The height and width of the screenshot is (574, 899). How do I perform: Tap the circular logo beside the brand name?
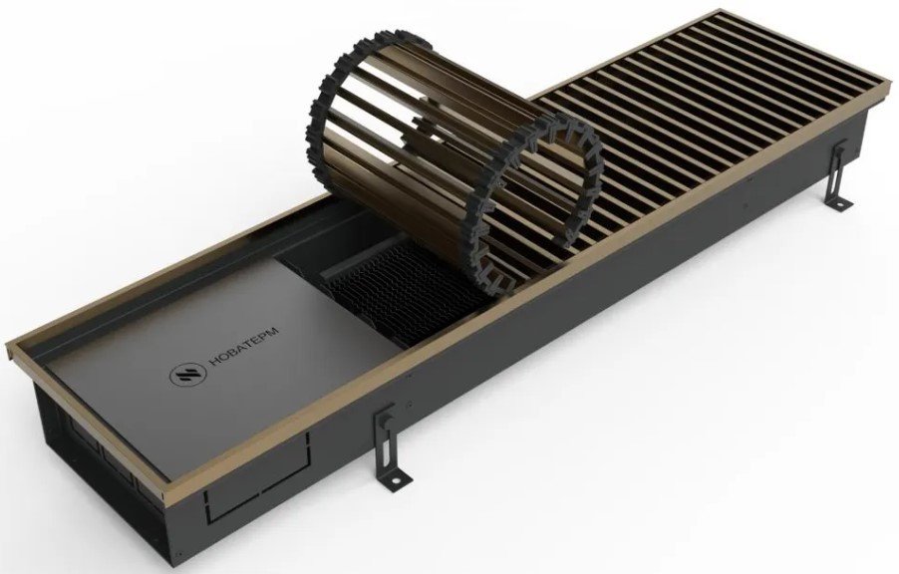click(x=184, y=375)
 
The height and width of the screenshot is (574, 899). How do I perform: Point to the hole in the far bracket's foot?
click(x=843, y=203)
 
